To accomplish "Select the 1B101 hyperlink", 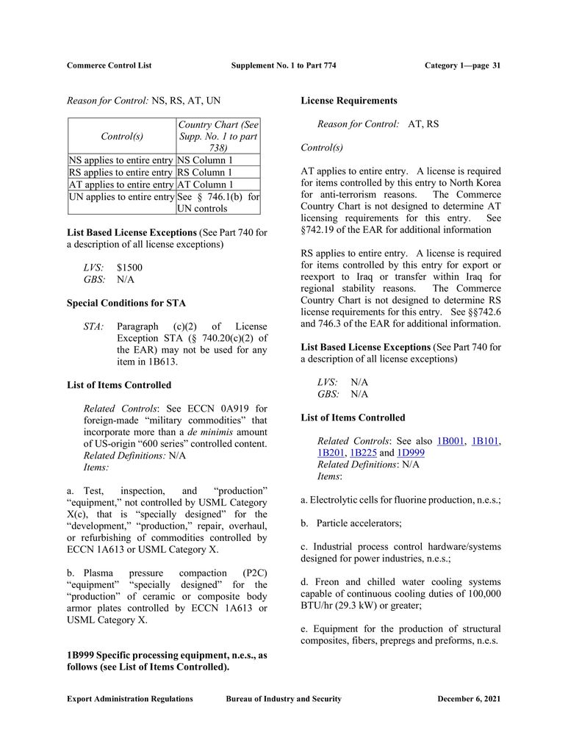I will coord(486,441).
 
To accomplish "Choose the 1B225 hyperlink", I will coord(364,453).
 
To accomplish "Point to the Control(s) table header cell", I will coord(122,136).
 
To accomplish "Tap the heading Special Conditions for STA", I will coord(126,303).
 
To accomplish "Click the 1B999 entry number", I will coord(81,655).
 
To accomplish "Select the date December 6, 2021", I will coord(469,699).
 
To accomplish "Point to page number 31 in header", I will coord(496,65).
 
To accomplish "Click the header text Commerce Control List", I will coord(109,65).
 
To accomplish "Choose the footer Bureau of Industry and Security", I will coord(284,699).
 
